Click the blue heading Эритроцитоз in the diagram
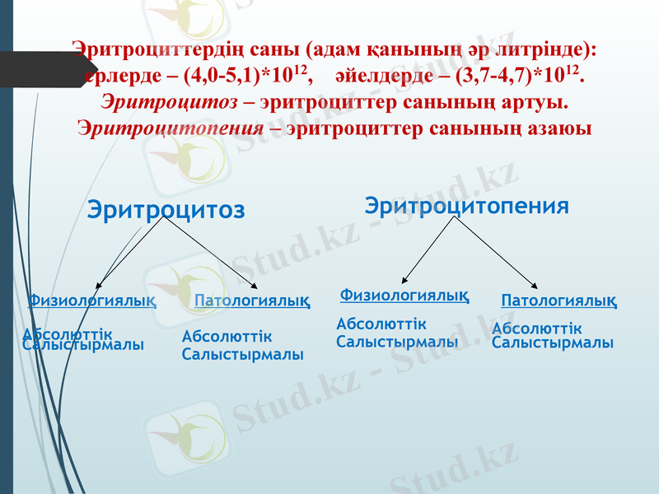coord(166,210)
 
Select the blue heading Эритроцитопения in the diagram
coord(466,206)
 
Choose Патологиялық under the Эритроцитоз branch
coord(252,301)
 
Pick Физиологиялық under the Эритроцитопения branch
coord(404,294)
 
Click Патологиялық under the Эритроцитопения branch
coord(559,301)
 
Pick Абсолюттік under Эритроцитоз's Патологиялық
coord(227,338)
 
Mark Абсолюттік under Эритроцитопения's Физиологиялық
coord(381,325)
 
